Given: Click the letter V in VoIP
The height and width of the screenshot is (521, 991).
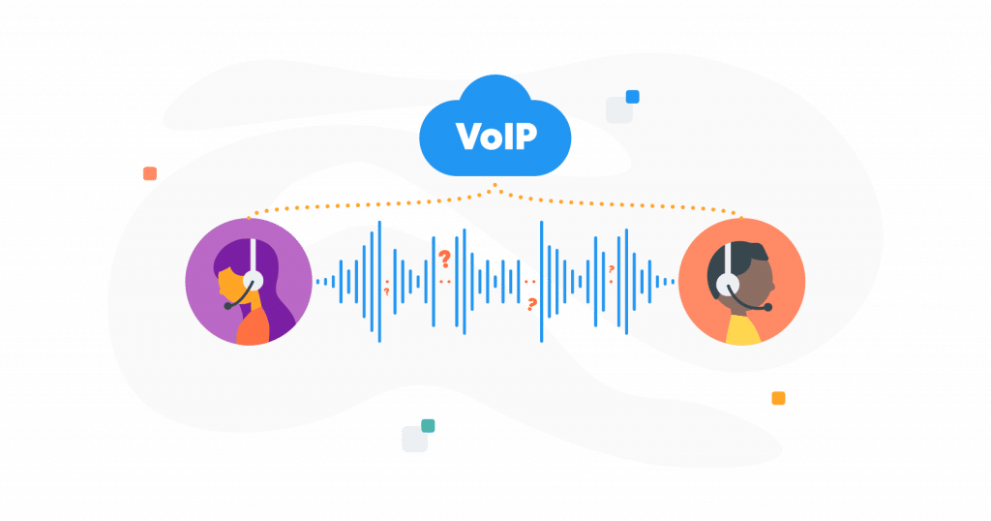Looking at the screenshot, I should [x=467, y=136].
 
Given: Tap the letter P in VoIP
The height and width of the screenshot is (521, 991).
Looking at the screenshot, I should [x=525, y=136].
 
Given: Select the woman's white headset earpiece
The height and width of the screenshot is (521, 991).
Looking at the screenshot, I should [x=253, y=280].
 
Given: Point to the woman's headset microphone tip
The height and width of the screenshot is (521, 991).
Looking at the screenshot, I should [x=227, y=306].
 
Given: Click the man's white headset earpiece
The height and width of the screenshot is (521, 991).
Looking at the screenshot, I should [x=728, y=283].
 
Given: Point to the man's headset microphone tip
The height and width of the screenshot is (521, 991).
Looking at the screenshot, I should [x=767, y=308].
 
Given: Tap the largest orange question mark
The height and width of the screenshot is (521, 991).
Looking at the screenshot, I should [x=444, y=259].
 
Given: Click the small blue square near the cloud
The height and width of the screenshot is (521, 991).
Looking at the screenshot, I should [x=633, y=97].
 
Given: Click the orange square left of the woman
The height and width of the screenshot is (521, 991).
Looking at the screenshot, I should [x=149, y=173].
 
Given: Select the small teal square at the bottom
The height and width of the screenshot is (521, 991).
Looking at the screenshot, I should [x=428, y=425].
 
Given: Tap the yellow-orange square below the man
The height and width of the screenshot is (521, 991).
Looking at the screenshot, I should [x=778, y=398].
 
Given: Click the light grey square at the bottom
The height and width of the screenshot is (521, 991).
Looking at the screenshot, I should [x=414, y=440].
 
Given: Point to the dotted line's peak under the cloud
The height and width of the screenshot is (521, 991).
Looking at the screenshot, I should [x=495, y=185].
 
